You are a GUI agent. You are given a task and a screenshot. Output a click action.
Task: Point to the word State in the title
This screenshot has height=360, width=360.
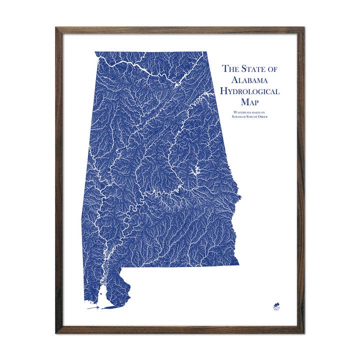[x=253, y=69]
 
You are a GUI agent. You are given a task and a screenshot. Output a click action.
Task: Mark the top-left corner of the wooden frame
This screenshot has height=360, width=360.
[x=56, y=28]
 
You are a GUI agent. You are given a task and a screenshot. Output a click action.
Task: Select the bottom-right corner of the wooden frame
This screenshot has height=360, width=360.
[x=303, y=332]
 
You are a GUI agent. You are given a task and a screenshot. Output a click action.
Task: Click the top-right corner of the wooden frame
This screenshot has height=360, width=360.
[x=303, y=28]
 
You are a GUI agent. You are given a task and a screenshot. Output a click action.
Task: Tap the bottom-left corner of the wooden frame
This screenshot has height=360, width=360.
[x=56, y=332]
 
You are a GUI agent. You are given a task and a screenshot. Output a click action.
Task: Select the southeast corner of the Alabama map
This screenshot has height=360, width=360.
[x=238, y=265]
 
